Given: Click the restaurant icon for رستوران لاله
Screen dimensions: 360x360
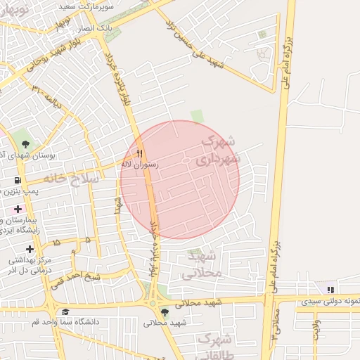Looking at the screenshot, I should [x=139, y=153].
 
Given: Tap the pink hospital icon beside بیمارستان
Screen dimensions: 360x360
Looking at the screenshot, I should [x=18, y=210].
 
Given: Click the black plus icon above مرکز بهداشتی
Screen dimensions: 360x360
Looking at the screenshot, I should [x=30, y=249].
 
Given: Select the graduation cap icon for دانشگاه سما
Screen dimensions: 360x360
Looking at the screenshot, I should [x=65, y=311].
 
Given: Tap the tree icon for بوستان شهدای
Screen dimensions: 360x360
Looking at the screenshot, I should [x=25, y=143].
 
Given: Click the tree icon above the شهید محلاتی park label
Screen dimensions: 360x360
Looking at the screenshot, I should [x=165, y=312].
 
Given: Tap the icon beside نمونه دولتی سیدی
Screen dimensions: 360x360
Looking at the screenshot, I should [x=330, y=289].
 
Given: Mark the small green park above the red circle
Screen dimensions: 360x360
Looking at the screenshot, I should [x=197, y=115].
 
